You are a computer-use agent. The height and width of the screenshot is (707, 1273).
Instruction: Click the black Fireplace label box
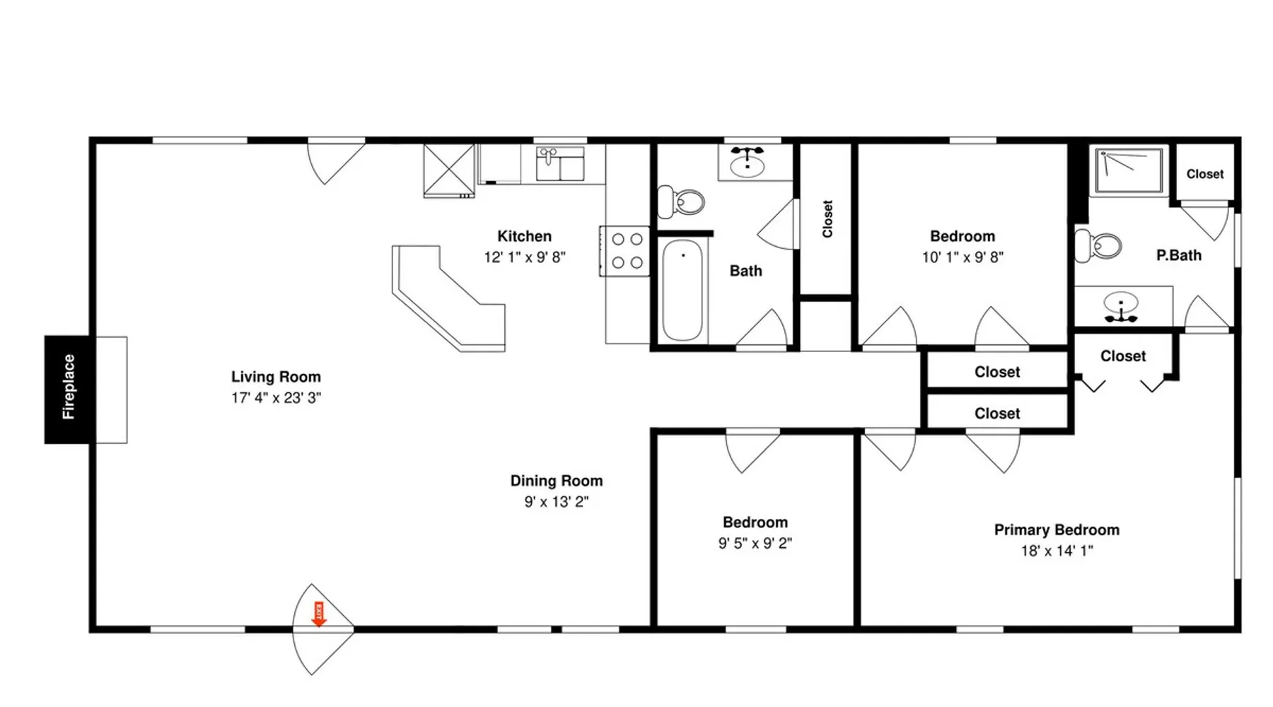(x=67, y=390)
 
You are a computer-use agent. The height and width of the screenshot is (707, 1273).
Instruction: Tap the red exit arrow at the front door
(x=319, y=614)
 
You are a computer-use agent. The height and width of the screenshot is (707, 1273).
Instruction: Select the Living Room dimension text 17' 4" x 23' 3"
(x=276, y=398)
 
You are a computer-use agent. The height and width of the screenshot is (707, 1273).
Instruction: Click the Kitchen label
(x=524, y=236)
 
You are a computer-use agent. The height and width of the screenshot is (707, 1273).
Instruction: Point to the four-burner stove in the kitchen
(x=624, y=251)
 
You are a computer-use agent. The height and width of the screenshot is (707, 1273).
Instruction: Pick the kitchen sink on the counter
(x=560, y=164)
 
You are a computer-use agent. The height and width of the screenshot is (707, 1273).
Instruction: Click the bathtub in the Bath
(x=682, y=290)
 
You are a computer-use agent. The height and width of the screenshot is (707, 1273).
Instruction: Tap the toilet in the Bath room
(x=681, y=202)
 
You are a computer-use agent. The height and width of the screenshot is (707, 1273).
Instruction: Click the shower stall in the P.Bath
(x=1128, y=170)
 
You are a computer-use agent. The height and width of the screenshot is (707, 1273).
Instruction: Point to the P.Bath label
(x=1179, y=255)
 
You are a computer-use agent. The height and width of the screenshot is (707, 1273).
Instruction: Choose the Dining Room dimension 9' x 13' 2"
(x=557, y=502)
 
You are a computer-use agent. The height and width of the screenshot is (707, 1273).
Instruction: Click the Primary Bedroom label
(x=1057, y=530)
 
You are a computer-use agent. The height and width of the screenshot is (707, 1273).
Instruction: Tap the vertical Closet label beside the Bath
(x=827, y=219)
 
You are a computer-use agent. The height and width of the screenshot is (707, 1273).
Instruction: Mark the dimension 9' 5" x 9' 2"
(x=755, y=544)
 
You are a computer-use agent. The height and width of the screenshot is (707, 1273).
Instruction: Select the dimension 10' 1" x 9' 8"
(x=963, y=257)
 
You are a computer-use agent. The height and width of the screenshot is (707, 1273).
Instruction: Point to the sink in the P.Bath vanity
(x=1121, y=304)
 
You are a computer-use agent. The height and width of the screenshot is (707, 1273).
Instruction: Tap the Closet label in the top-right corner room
(x=1205, y=174)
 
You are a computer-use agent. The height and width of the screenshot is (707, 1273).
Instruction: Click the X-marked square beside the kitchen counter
(x=449, y=170)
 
